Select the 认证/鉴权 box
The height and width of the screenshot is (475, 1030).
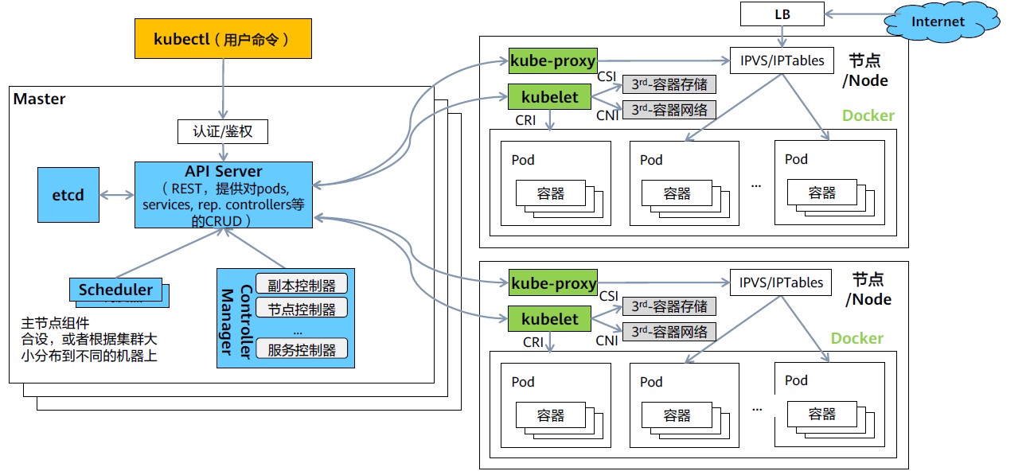(223, 131)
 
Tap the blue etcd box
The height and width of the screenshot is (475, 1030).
(68, 194)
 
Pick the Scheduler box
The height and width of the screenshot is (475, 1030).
(115, 290)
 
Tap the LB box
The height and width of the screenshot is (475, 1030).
(782, 14)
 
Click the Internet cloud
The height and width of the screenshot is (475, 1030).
(937, 21)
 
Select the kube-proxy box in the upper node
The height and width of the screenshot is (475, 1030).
(552, 60)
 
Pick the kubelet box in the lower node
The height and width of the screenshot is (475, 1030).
(549, 320)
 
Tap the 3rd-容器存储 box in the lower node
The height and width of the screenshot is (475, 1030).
(669, 306)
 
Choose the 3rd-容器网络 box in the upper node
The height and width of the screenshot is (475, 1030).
(669, 109)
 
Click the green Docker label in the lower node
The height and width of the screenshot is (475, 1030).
(856, 338)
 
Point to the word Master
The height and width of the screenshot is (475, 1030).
(39, 99)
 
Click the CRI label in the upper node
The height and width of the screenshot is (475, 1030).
(525, 120)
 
